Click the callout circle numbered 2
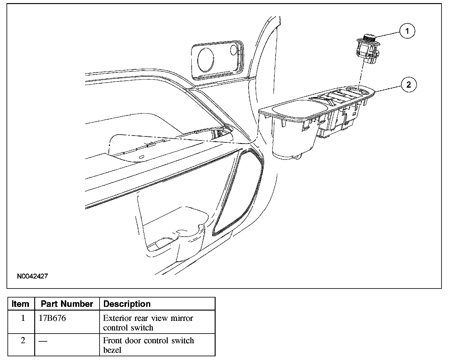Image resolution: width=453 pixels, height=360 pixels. [x=409, y=84]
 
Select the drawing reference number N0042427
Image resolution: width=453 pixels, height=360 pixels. [x=32, y=276]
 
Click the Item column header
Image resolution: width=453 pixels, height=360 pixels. [x=21, y=304]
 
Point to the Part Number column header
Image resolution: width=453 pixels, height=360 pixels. [x=67, y=304]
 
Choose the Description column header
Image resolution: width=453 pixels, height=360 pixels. [x=127, y=304]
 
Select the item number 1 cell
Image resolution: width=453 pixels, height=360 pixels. [x=23, y=318]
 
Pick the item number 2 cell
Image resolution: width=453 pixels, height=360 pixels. [x=23, y=340]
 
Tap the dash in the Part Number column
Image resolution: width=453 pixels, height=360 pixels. [x=43, y=341]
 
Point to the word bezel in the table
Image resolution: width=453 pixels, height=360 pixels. [x=112, y=350]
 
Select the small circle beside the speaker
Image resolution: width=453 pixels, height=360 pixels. [x=234, y=49]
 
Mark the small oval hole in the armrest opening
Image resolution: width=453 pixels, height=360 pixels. [x=142, y=157]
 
